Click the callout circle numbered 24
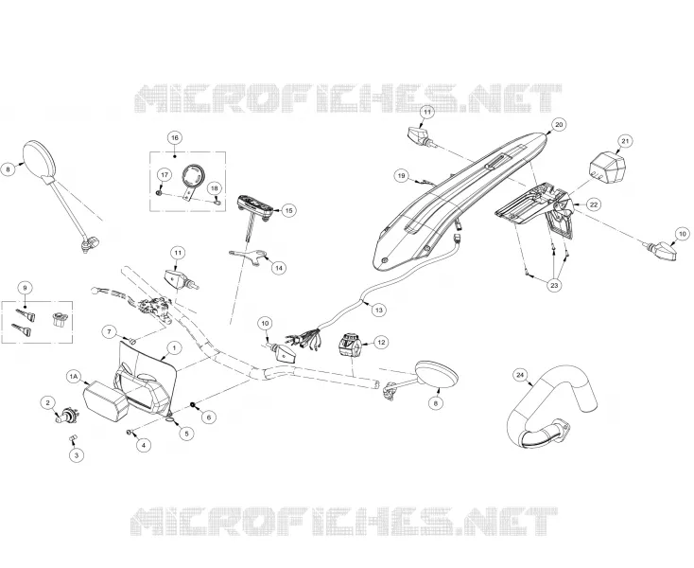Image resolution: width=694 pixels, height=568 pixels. click(x=520, y=376)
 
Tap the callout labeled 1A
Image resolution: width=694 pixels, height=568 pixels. click(x=73, y=377)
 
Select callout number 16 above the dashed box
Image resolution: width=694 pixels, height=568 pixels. click(x=174, y=138)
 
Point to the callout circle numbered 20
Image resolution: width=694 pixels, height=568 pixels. click(x=559, y=125)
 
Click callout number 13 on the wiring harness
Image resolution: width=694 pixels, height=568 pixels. click(x=378, y=311)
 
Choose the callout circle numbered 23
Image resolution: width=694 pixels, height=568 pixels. click(x=555, y=285)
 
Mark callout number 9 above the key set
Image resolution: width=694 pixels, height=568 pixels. click(x=25, y=288)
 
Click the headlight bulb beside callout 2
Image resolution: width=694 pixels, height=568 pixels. click(x=64, y=417)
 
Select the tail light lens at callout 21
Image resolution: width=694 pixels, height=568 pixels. click(x=606, y=167)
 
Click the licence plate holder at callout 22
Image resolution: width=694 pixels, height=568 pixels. click(x=538, y=208)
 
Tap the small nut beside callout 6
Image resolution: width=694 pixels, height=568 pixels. click(x=194, y=404)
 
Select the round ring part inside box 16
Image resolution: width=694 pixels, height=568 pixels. click(x=194, y=175)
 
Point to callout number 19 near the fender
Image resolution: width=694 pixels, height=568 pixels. click(x=401, y=176)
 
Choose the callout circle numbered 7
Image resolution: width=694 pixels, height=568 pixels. click(x=110, y=331)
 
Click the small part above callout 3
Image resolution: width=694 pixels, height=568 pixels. click(x=74, y=437)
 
